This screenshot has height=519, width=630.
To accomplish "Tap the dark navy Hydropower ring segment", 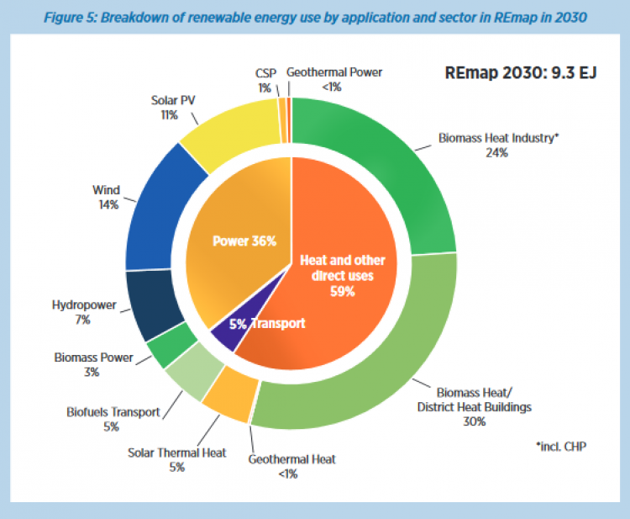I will pyautogui.click(x=156, y=303).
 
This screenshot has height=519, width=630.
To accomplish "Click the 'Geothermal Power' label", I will pyautogui.click(x=334, y=72).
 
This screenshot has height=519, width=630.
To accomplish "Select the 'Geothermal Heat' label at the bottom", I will pyautogui.click(x=291, y=459).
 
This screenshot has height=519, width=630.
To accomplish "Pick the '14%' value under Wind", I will pyautogui.click(x=107, y=204).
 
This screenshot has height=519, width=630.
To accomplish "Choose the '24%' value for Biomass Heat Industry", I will pyautogui.click(x=497, y=154).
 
